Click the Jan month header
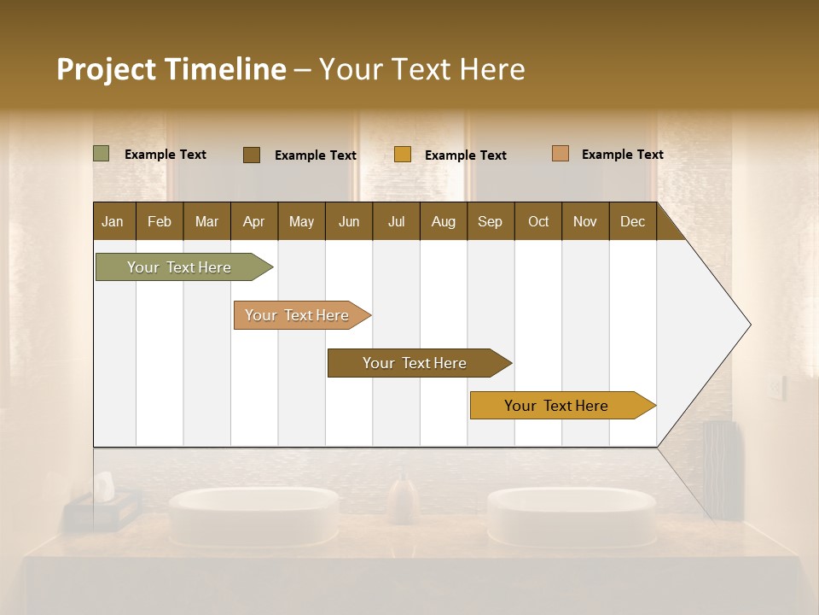(113, 221)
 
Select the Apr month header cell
(254, 221)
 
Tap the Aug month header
(444, 221)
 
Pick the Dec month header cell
(632, 221)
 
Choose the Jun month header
(349, 221)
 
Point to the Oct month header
(538, 221)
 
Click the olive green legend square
(102, 154)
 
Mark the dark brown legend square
(252, 155)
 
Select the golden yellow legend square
(403, 155)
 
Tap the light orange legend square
(561, 154)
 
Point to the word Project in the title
(107, 69)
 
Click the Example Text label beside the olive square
(166, 155)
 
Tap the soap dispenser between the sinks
(403, 500)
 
